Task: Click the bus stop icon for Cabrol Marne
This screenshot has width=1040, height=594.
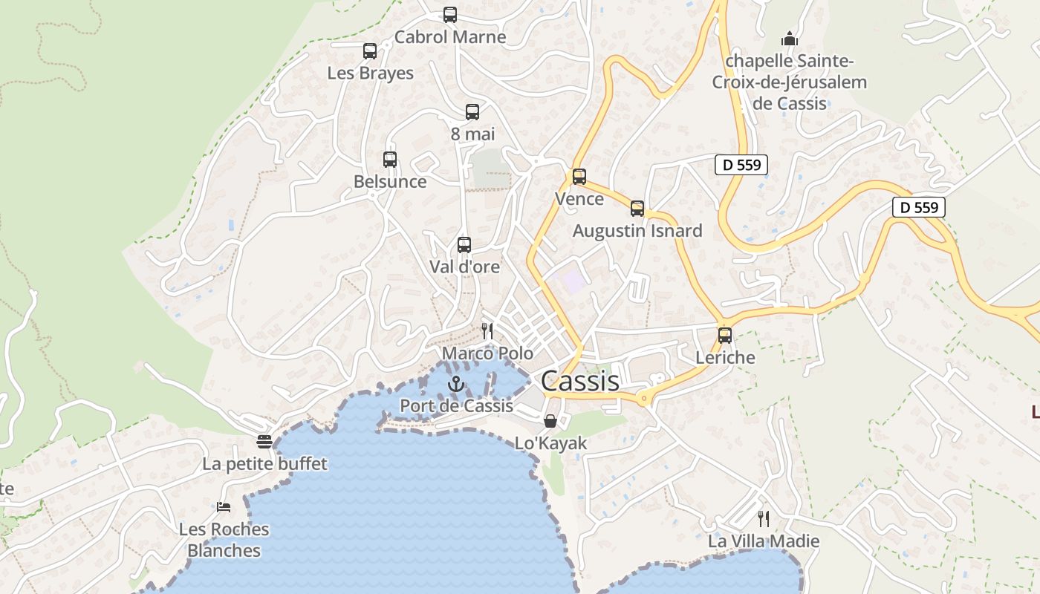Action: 450,15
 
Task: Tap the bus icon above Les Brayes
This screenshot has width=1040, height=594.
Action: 370,51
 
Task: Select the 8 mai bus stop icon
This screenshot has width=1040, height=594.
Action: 472,112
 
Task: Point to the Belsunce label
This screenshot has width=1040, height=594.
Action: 390,181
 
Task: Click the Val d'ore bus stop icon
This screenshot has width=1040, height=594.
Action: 464,244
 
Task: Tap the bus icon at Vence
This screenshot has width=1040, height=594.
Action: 579,177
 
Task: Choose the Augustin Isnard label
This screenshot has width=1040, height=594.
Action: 637,231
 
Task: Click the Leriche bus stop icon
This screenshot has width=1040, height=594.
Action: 725,336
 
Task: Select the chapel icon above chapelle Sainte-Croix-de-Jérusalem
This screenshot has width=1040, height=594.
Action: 790,39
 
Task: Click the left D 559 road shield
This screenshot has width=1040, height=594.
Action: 741,165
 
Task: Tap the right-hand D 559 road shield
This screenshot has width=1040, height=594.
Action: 919,207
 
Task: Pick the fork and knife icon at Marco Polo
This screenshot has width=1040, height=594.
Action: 487,331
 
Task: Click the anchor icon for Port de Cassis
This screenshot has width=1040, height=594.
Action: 457,384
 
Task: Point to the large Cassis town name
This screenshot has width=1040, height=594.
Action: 579,381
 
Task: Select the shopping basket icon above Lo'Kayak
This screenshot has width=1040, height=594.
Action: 550,421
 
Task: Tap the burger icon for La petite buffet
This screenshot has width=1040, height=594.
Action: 264,442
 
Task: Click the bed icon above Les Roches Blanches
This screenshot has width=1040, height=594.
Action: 224,507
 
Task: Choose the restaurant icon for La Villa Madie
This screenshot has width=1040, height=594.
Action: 763,518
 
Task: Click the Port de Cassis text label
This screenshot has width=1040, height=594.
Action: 457,406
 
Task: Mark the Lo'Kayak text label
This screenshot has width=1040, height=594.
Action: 551,443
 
